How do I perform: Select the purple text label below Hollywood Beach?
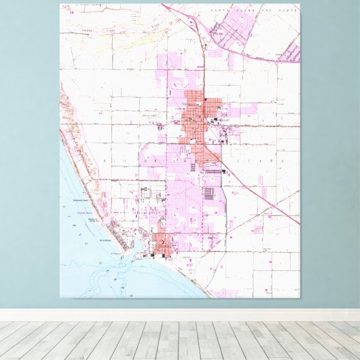[86, 213]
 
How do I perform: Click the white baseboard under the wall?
[180, 315]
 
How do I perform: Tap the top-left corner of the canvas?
[60, 4]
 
